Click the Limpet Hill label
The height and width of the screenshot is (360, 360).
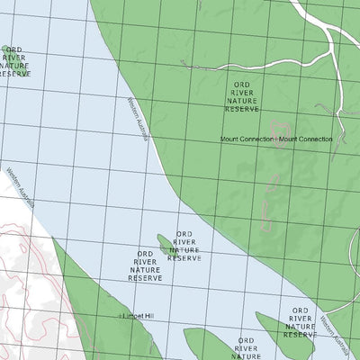point(139,317)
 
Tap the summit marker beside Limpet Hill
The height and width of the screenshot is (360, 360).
point(121,317)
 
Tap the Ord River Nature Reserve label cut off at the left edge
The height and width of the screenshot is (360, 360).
point(13,61)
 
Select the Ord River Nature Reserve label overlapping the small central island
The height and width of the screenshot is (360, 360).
point(184,245)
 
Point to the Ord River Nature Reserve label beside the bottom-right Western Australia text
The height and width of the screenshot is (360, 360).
point(300,321)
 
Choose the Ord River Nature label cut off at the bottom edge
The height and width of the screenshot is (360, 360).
point(244,348)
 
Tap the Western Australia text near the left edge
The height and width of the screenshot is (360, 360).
point(18,186)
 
